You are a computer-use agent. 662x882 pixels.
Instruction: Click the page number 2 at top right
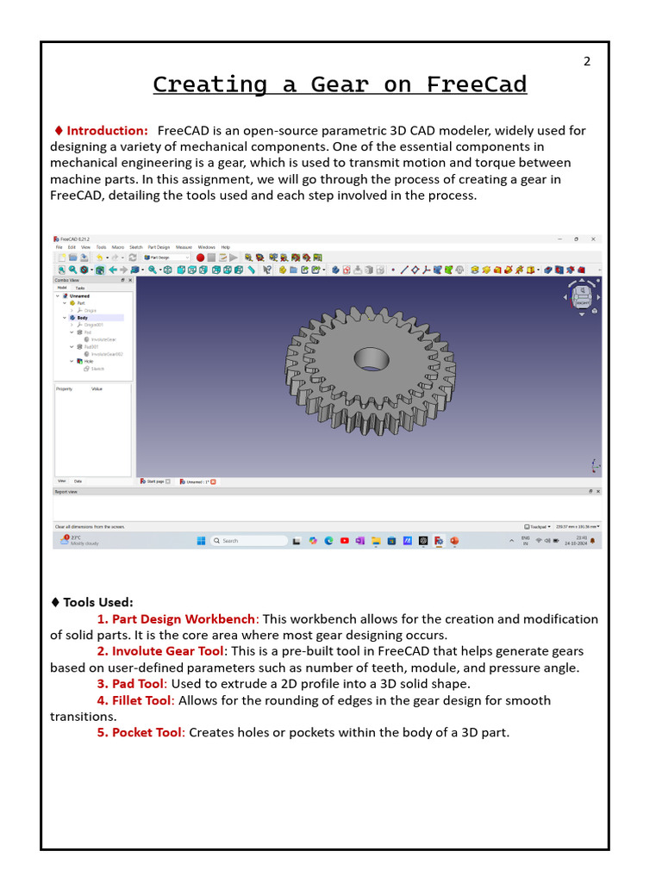click(587, 61)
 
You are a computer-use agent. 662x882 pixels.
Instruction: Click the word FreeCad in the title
click(476, 84)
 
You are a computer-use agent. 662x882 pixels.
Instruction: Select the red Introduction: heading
click(107, 131)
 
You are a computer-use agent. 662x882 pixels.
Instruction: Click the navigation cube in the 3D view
click(583, 296)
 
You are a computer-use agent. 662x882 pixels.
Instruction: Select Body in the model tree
click(83, 318)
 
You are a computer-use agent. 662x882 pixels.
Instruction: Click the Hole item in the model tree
click(88, 361)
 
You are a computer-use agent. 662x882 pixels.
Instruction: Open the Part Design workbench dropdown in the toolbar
click(167, 258)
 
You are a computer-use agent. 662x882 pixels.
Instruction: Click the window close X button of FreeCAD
click(593, 239)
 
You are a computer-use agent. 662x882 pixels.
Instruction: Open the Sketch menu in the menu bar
click(136, 247)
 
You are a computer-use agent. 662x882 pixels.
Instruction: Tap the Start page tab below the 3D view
click(155, 481)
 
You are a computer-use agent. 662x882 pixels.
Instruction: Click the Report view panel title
click(66, 492)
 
